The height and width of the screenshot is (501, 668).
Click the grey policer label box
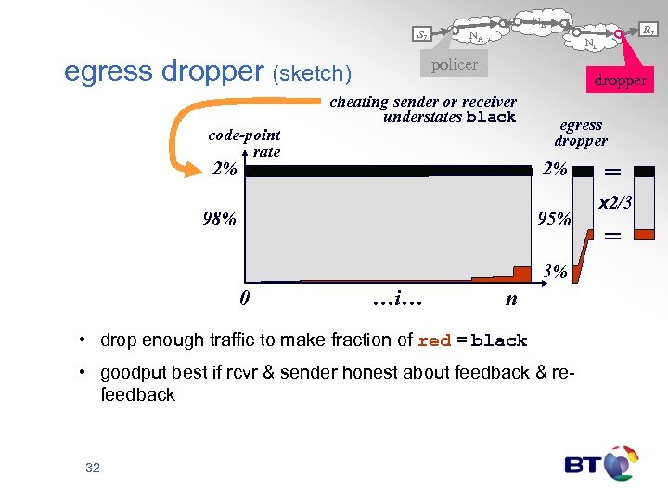tap(455, 64)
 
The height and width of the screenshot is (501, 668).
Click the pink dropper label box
tap(620, 81)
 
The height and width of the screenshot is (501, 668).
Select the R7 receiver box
tap(649, 32)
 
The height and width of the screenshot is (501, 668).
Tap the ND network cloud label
tap(591, 44)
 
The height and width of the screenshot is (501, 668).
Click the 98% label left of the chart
tap(221, 220)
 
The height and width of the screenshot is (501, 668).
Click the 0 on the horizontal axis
tap(243, 299)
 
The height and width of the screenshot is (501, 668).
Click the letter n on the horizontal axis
tap(511, 299)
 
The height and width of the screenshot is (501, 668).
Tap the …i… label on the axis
tap(398, 299)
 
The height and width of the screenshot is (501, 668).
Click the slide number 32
tap(92, 469)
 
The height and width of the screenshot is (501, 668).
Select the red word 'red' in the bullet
tap(434, 340)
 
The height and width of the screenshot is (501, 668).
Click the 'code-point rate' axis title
tap(245, 143)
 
